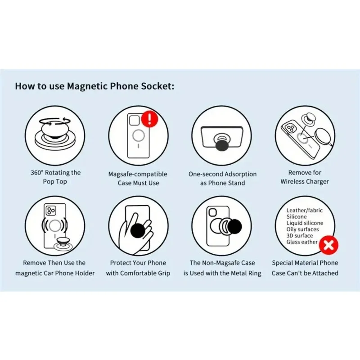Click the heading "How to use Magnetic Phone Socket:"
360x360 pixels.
pyautogui.click(x=94, y=86)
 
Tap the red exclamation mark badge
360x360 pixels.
pyautogui.click(x=149, y=119)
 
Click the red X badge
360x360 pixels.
pyautogui.click(x=329, y=245)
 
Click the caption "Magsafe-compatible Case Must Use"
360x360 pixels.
pyautogui.click(x=138, y=178)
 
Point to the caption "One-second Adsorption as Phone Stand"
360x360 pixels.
pyautogui.click(x=222, y=178)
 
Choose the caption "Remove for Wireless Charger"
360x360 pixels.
pyautogui.click(x=305, y=177)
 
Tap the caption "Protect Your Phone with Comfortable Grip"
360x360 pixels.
pyautogui.click(x=138, y=268)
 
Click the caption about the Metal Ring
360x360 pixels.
pyautogui.click(x=222, y=268)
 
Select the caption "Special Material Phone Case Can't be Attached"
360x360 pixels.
pyautogui.click(x=305, y=268)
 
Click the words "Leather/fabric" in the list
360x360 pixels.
pyautogui.click(x=305, y=210)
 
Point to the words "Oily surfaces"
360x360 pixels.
pyautogui.click(x=302, y=229)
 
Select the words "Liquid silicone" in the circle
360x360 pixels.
pyautogui.click(x=305, y=223)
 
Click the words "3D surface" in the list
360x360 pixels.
pyautogui.click(x=300, y=235)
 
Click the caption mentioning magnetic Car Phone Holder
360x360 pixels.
pyautogui.click(x=54, y=268)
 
